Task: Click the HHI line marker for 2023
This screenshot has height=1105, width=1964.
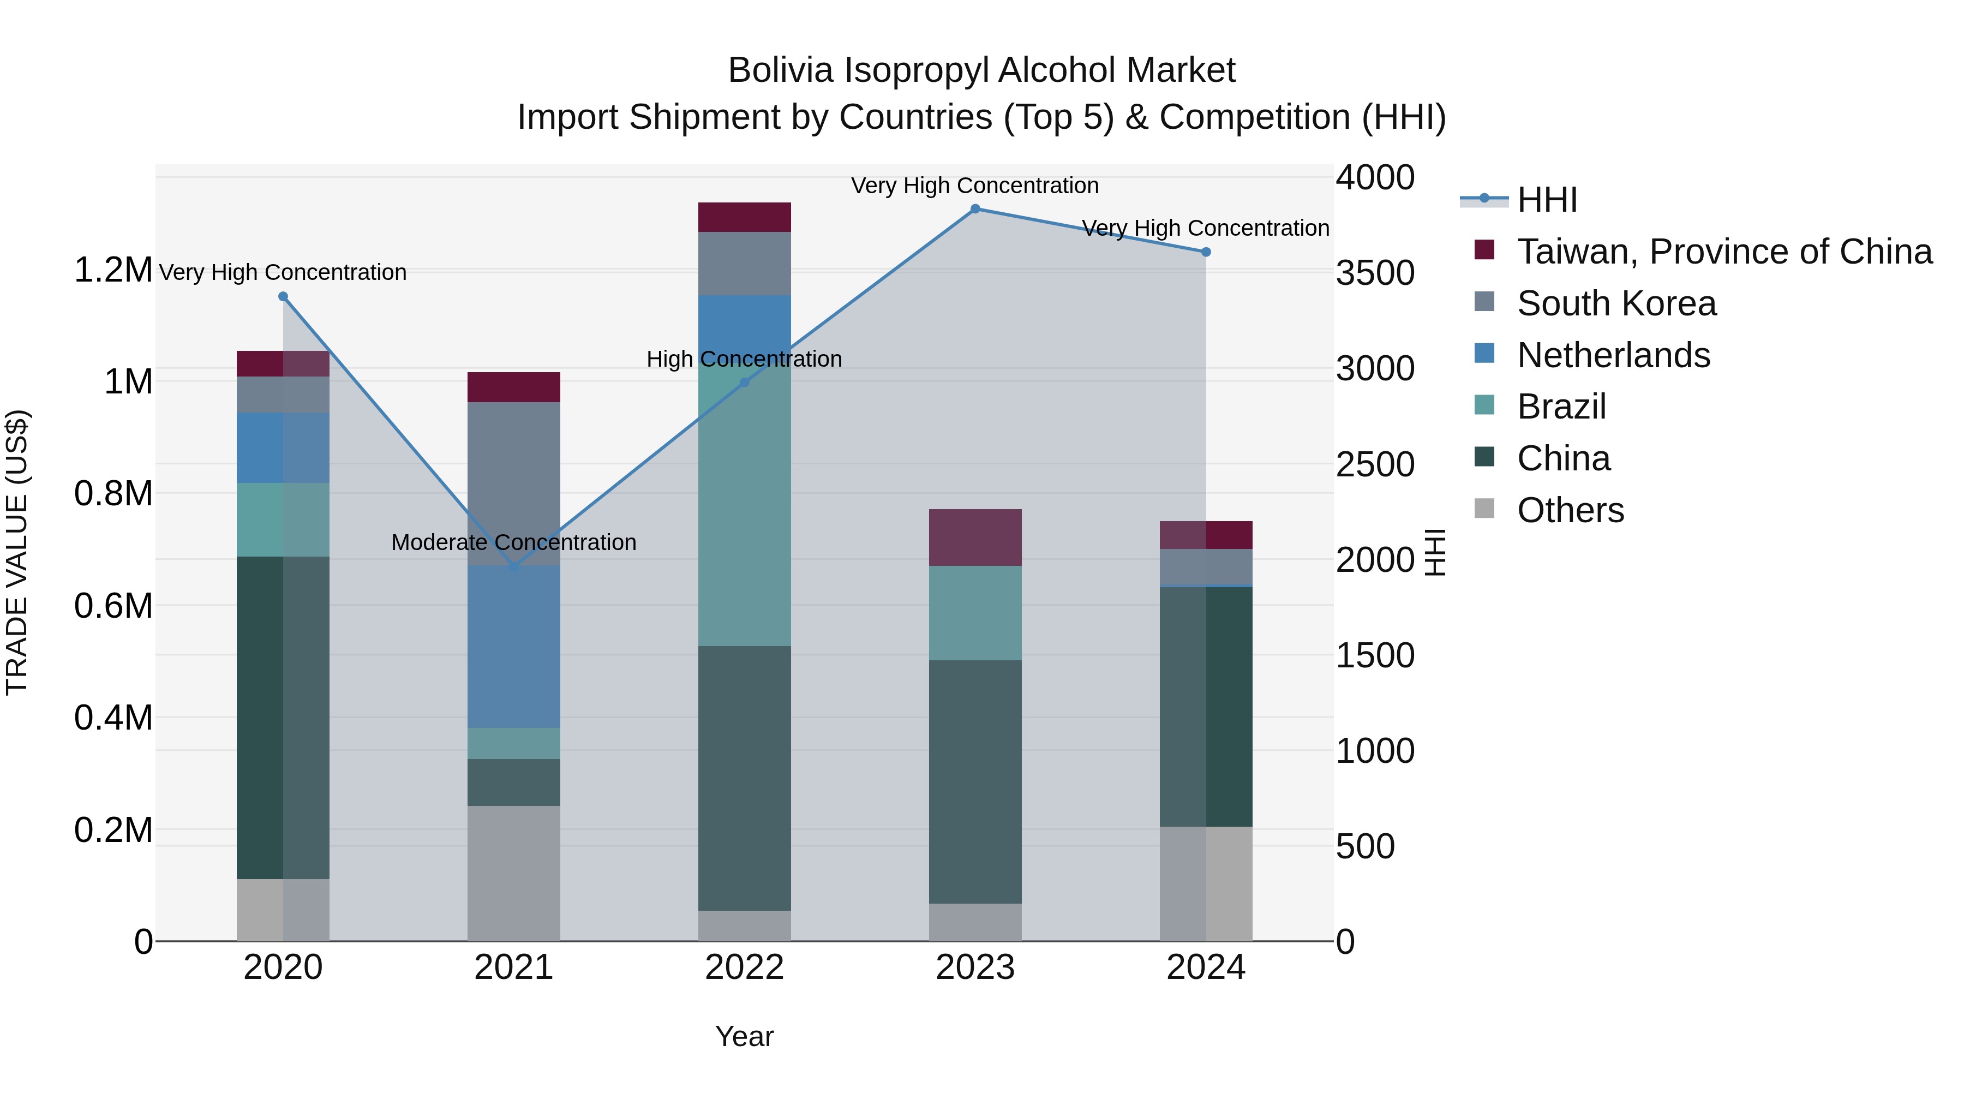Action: tap(975, 209)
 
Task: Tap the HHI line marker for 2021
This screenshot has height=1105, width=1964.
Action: tap(513, 566)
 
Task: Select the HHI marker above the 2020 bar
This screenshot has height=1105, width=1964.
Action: tap(283, 297)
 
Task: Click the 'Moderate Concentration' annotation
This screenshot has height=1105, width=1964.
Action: tap(513, 542)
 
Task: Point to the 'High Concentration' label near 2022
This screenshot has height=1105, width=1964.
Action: tap(744, 359)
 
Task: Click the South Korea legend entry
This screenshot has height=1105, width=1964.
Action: tap(1616, 303)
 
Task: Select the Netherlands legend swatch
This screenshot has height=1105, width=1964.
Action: tap(1484, 354)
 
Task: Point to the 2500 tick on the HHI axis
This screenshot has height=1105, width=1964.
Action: tap(1375, 464)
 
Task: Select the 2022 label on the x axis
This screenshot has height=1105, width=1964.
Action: tap(744, 967)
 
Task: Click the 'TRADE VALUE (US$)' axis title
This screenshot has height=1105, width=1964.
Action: tap(17, 552)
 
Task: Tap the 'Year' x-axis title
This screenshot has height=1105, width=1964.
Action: tap(744, 1036)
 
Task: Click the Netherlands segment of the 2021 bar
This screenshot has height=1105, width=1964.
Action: tap(513, 646)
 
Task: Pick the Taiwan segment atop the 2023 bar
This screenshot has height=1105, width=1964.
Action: tap(975, 537)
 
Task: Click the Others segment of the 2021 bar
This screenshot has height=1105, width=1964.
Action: tap(513, 873)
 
